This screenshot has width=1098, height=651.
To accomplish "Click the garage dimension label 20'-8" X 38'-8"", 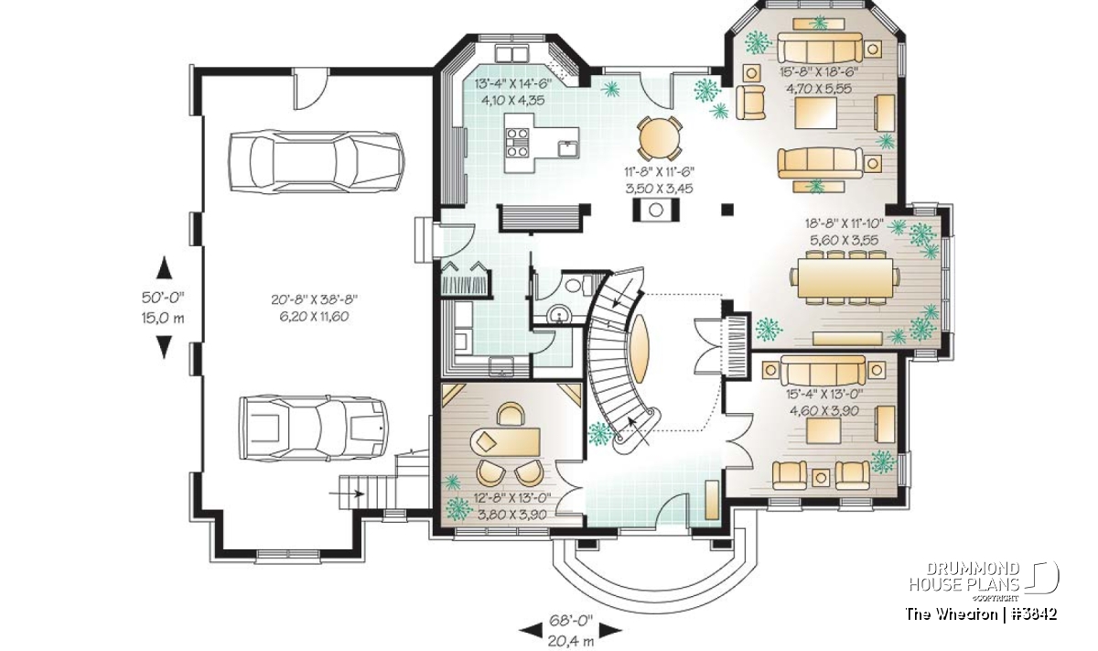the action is [314, 299].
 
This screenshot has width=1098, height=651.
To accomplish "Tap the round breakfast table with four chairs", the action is [660, 138].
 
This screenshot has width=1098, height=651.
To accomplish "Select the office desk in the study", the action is [505, 441].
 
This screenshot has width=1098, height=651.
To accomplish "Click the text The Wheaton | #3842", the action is [981, 614].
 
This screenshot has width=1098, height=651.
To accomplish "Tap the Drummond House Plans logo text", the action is [964, 577].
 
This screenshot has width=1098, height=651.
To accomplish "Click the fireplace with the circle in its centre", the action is [656, 210].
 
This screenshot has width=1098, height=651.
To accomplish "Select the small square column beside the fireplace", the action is [727, 210].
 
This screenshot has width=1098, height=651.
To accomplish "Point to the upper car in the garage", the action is [317, 161].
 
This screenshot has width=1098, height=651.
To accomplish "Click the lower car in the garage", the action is [314, 428].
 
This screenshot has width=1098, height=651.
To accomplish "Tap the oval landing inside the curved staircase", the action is [640, 348].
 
